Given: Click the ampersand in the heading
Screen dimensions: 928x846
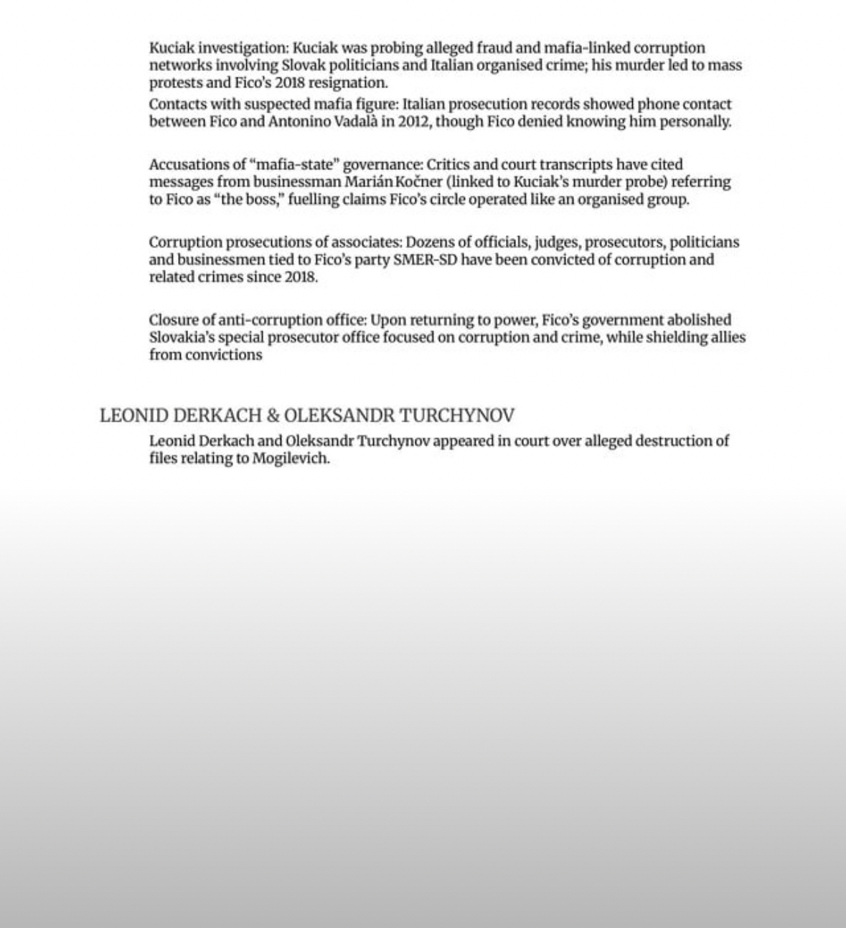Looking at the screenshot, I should [273, 416].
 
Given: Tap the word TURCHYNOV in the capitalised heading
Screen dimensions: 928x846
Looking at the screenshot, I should [456, 416].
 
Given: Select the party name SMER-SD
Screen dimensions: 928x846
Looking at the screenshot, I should [425, 260].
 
